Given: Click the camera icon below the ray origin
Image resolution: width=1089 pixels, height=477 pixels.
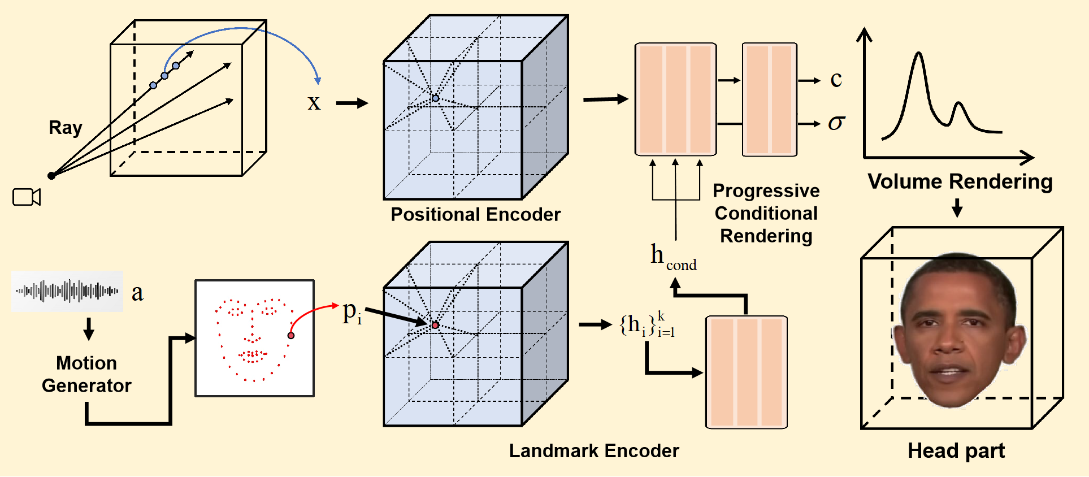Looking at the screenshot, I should click(27, 197).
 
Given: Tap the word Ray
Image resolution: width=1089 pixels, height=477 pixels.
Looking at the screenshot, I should click(66, 128).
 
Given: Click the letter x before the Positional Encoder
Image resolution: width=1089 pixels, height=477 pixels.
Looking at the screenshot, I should click(314, 103).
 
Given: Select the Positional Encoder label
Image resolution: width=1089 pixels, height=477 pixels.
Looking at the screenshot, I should click(475, 215).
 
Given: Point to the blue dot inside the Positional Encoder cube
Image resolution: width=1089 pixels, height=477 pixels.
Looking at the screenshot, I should click(435, 98).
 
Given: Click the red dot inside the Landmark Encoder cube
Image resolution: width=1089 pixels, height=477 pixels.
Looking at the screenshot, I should click(435, 326).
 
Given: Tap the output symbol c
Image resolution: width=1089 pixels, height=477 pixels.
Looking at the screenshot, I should click(836, 80).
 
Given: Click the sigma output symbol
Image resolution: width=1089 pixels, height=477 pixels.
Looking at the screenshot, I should click(836, 123).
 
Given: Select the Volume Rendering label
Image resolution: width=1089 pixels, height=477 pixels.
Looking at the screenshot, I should click(960, 182).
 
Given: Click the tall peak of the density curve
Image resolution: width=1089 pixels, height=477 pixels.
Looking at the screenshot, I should click(919, 55).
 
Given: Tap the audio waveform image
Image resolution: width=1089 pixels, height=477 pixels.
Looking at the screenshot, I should click(67, 291).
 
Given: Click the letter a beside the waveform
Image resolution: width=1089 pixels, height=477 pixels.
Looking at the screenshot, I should click(137, 293).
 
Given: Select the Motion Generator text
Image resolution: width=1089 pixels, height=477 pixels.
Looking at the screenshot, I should click(86, 374).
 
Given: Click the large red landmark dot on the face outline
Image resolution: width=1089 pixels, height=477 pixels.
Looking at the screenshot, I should click(291, 336).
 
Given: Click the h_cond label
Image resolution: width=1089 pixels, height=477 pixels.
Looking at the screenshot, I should click(673, 257).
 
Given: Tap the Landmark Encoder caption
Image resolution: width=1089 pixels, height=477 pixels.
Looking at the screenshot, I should click(593, 451).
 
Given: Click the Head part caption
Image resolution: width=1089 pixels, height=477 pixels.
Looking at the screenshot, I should click(956, 451).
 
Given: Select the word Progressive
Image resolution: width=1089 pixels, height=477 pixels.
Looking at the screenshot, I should click(766, 191).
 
